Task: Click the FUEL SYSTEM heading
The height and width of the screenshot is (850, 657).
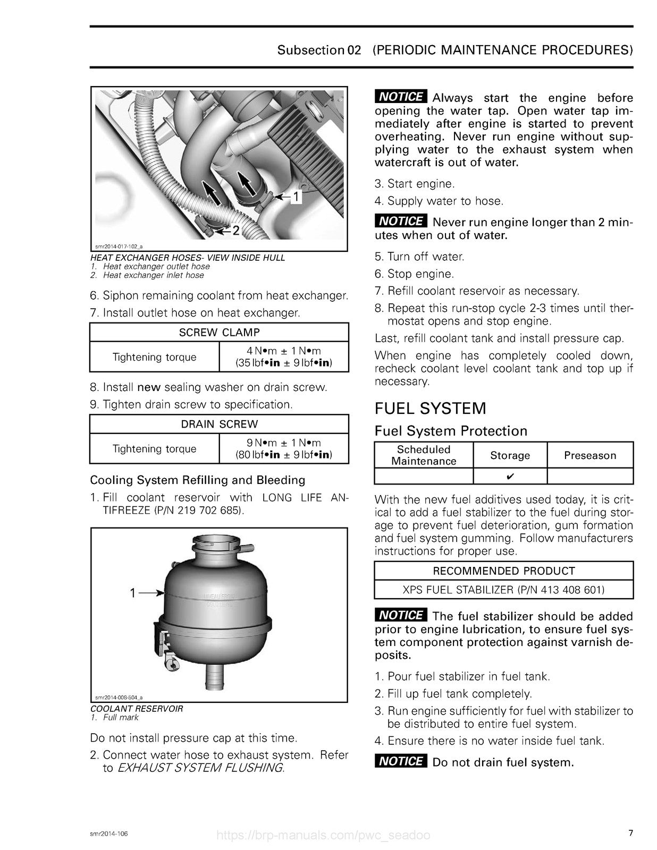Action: (430, 409)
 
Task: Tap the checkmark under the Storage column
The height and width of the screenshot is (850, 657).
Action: (509, 477)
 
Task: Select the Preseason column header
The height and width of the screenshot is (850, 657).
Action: (589, 455)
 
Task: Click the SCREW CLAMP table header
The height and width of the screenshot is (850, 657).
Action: (219, 333)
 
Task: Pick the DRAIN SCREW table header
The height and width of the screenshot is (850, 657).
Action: (219, 424)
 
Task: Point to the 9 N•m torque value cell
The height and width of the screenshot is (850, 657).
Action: (284, 449)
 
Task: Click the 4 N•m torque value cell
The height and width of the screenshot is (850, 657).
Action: (284, 357)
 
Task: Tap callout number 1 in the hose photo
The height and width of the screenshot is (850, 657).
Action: (297, 197)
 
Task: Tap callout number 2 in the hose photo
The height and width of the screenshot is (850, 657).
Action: (235, 231)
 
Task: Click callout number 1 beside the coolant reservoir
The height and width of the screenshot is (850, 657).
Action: (133, 593)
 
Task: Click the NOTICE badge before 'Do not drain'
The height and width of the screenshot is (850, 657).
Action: (401, 761)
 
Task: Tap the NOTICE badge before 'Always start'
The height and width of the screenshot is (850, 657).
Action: (401, 97)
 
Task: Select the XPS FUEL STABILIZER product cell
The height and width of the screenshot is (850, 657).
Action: (503, 589)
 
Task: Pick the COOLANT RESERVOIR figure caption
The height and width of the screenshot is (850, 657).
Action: (137, 708)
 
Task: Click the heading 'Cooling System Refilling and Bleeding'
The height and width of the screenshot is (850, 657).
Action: (198, 480)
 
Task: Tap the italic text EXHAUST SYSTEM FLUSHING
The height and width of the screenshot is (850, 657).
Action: (200, 768)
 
